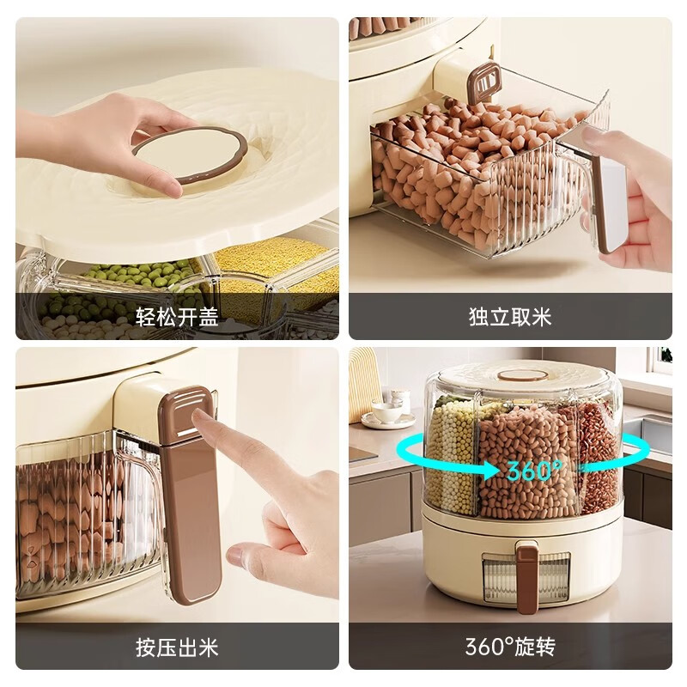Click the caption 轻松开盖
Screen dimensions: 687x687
(177, 318)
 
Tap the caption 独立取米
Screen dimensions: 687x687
(510, 318)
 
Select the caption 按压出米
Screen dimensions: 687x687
(177, 647)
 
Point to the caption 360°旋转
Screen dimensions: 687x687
(510, 647)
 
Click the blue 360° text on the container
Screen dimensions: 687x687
(534, 471)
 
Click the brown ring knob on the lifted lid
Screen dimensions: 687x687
(190, 155)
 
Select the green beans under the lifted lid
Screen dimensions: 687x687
(129, 279)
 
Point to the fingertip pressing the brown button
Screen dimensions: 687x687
(200, 418)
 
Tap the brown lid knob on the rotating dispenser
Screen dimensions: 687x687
(523, 374)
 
